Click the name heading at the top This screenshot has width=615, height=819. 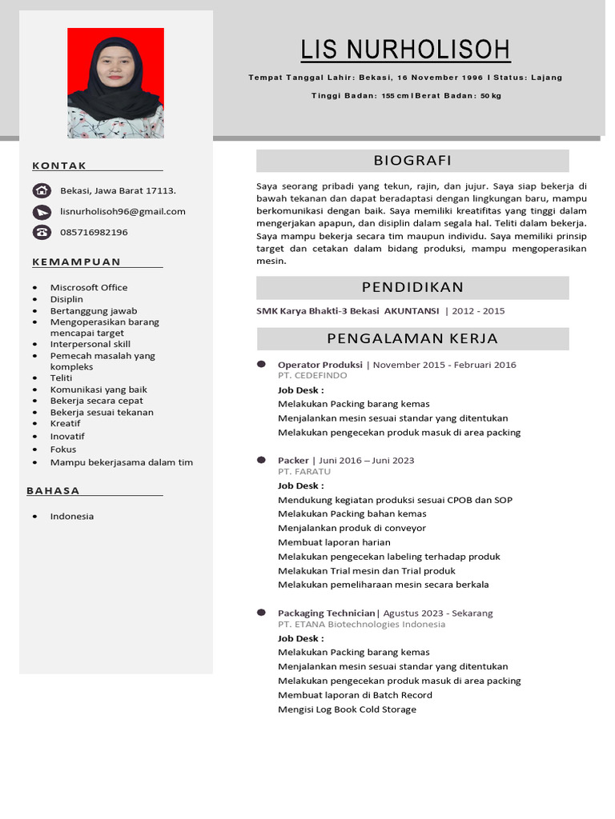[x=405, y=50]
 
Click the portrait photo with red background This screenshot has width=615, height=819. [x=115, y=83]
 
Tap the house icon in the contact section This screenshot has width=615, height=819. [x=42, y=190]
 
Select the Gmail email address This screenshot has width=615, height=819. [x=123, y=211]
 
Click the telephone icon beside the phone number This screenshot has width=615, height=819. [x=42, y=232]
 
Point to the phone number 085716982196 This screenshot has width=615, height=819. [x=94, y=232]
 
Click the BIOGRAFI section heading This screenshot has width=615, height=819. [x=412, y=161]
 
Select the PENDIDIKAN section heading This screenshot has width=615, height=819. [x=412, y=288]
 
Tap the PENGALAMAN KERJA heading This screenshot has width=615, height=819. [x=412, y=338]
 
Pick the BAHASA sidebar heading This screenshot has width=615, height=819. [x=53, y=490]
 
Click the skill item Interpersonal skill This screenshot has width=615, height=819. [x=90, y=344]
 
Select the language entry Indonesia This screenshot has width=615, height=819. [x=72, y=516]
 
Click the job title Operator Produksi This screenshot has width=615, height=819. [x=320, y=365]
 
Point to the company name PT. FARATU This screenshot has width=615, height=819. [x=304, y=472]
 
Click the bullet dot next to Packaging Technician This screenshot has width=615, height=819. [x=261, y=612]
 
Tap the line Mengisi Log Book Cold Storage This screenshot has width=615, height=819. [x=347, y=709]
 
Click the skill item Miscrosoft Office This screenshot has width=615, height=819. [x=89, y=287]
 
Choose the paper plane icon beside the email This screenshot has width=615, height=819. [x=42, y=212]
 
